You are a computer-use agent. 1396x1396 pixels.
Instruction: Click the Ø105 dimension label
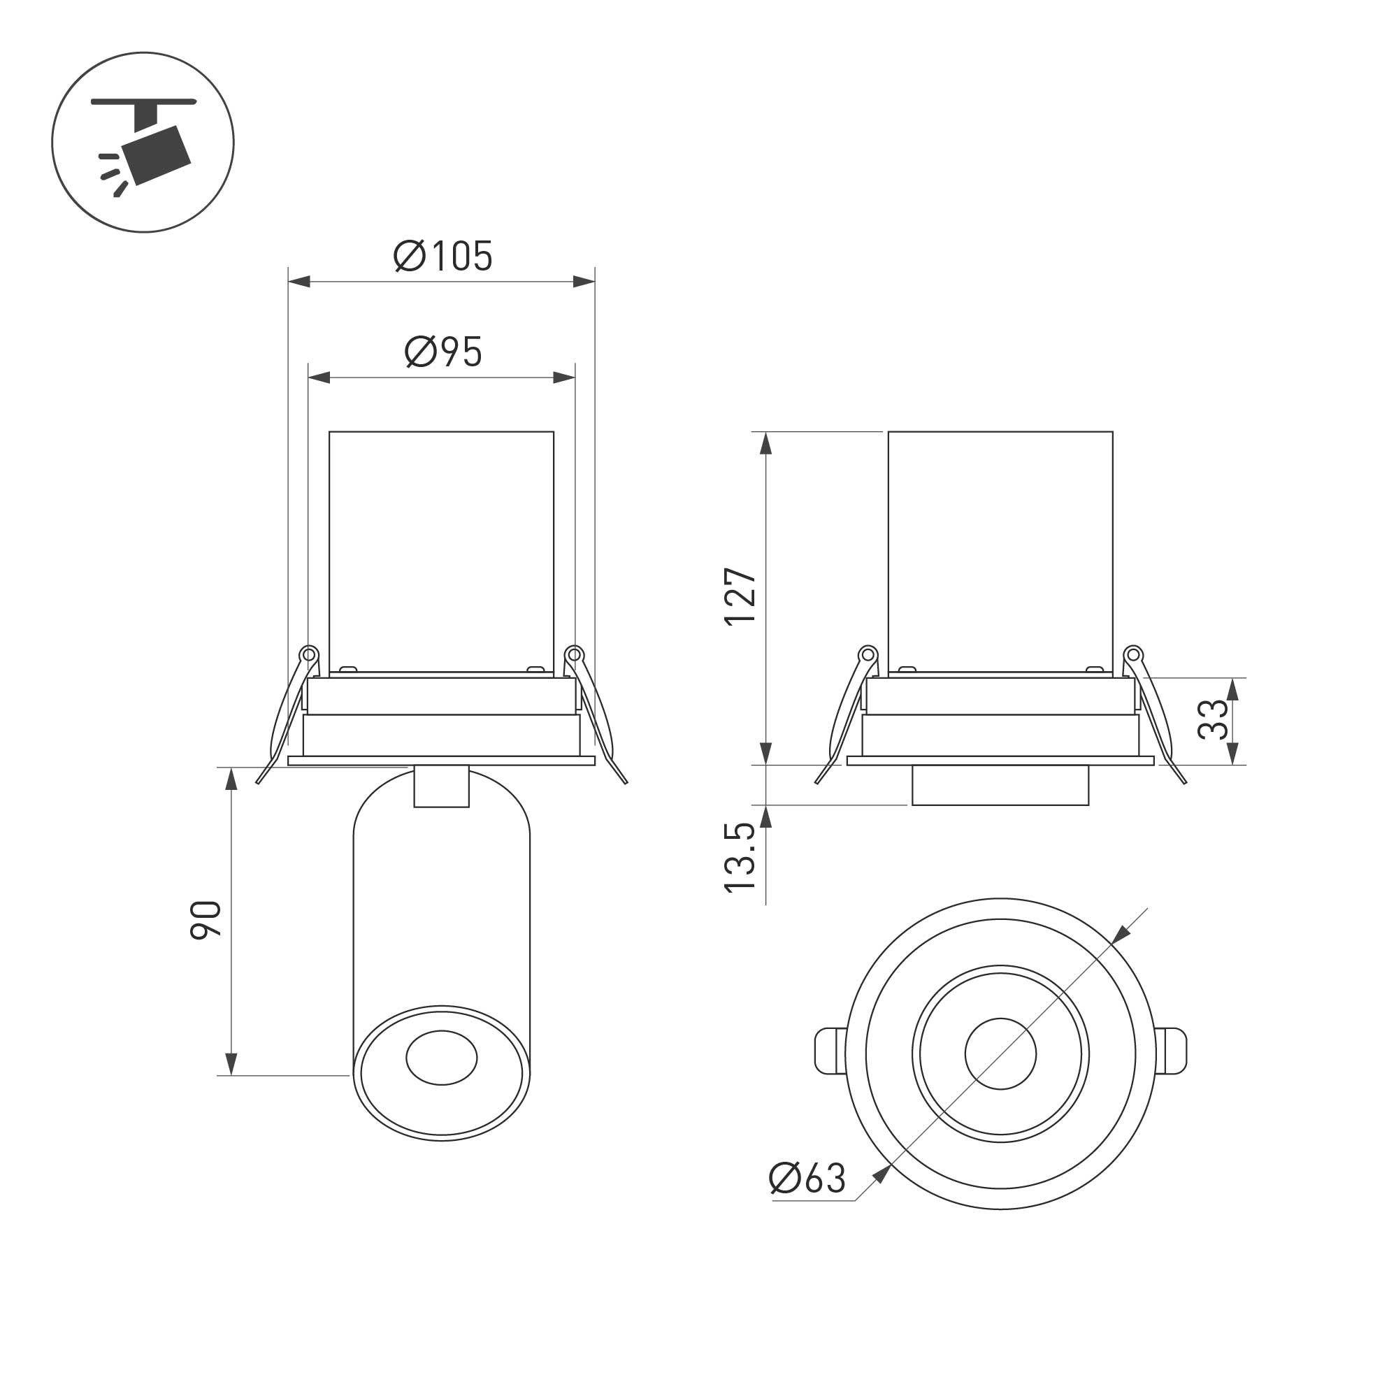[443, 256]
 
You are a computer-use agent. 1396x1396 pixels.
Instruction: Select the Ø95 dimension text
[443, 352]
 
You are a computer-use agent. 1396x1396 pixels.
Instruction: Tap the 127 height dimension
[740, 597]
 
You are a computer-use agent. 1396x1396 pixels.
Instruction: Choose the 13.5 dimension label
[740, 858]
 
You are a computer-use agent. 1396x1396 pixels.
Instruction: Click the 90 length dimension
[206, 921]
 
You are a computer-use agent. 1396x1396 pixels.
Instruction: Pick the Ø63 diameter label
[807, 1179]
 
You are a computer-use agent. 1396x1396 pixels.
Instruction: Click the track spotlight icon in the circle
[144, 147]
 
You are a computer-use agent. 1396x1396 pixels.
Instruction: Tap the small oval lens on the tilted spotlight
[442, 1058]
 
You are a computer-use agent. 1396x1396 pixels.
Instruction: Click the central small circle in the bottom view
[1000, 1054]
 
